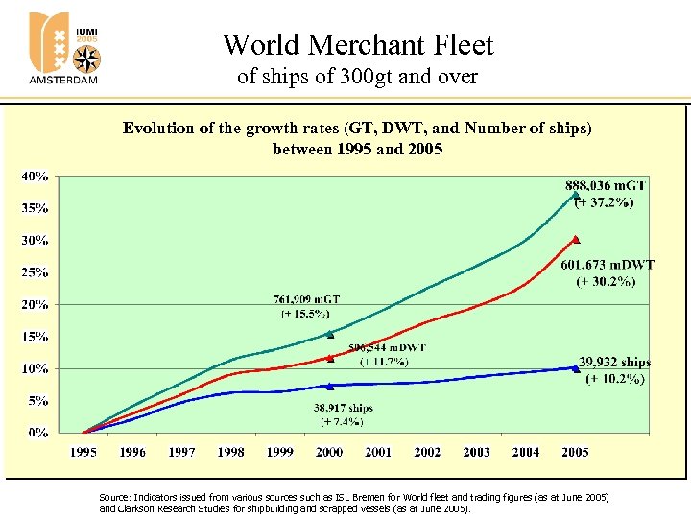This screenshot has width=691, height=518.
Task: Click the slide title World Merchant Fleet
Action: (x=357, y=45)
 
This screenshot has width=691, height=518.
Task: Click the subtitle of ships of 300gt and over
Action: (x=357, y=76)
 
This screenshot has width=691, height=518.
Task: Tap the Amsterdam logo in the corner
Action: (x=63, y=48)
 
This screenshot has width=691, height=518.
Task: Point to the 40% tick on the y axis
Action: (x=36, y=177)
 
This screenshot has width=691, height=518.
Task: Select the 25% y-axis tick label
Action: (x=36, y=272)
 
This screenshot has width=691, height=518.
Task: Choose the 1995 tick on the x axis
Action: (x=83, y=452)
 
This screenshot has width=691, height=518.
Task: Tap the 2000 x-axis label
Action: (x=329, y=452)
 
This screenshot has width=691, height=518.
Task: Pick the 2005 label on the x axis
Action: (x=575, y=452)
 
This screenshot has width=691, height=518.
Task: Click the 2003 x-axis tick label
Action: (x=476, y=452)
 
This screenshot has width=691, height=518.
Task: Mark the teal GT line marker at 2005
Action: (x=575, y=194)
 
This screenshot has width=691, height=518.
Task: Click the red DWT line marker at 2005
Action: (x=575, y=238)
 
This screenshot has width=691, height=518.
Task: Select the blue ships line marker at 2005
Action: (x=575, y=367)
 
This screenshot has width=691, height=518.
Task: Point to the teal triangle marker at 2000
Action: (x=329, y=334)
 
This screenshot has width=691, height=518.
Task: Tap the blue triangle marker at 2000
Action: (x=329, y=386)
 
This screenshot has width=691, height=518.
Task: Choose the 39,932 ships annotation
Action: (x=614, y=363)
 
